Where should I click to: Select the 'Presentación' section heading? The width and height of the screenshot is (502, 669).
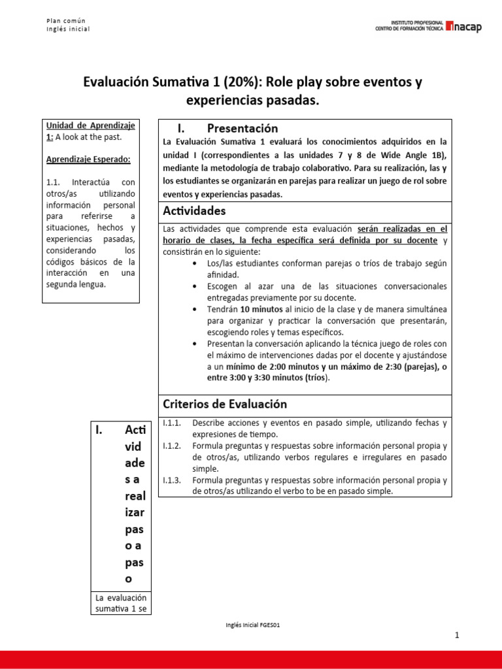243,128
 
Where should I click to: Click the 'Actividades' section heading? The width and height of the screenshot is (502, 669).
195,211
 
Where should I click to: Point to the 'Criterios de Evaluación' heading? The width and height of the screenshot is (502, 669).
224,404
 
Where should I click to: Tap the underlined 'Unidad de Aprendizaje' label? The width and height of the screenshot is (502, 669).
90,125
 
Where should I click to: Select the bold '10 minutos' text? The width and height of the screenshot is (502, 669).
263,309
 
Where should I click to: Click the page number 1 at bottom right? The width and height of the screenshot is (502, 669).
458,636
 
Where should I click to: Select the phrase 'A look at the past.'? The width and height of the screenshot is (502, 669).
89,137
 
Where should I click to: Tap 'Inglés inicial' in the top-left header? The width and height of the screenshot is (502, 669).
68,29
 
